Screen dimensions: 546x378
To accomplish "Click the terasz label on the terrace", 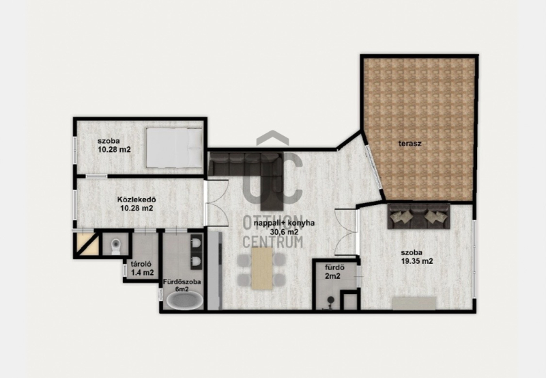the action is click(410, 144).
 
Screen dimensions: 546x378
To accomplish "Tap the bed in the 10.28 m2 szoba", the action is click(174, 148).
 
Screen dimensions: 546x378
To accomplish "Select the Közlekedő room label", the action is click(136, 200).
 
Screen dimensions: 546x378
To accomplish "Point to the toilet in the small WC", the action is click(115, 247).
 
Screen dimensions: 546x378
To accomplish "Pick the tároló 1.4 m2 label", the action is click(142, 269).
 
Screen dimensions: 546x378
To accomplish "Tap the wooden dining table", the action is click(262, 269).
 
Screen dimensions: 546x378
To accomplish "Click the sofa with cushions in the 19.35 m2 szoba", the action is click(418, 217).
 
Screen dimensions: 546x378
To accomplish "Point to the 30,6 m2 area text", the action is click(284, 232).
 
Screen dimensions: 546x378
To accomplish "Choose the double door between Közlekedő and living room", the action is click(216, 202).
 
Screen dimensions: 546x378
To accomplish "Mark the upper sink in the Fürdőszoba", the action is click(196, 243).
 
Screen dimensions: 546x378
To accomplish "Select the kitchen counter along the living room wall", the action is click(214, 270).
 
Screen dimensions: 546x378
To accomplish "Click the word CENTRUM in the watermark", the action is click(272, 241).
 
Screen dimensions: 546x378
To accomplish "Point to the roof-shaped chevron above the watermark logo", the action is click(272, 137).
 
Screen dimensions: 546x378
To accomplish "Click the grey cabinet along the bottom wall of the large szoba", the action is click(414, 303).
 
